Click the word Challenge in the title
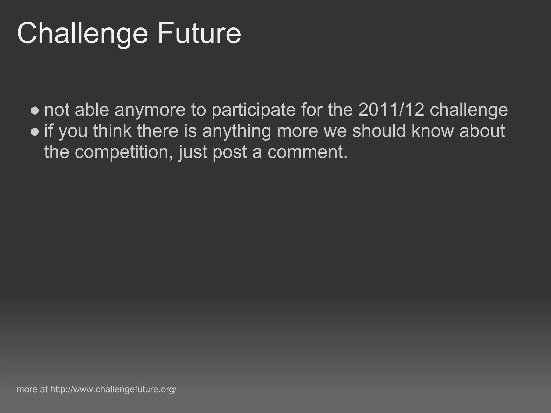click(x=82, y=34)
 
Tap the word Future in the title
click(x=199, y=34)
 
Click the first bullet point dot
click(x=35, y=110)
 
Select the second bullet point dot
click(x=35, y=131)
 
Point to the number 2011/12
click(x=391, y=110)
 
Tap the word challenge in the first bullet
click(x=469, y=110)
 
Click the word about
click(x=482, y=131)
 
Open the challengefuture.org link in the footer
click(x=113, y=389)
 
